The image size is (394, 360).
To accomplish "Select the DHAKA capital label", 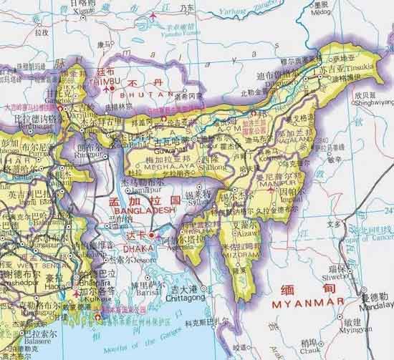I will point(141,247).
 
